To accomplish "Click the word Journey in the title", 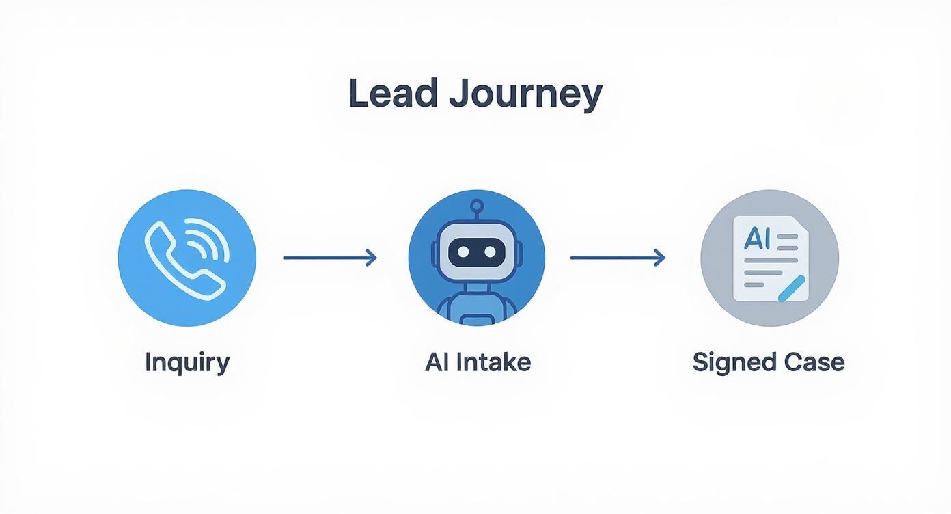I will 525,95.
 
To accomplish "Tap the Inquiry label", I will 187,362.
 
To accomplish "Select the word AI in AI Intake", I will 436,362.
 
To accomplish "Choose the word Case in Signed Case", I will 814,362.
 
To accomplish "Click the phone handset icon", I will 179,262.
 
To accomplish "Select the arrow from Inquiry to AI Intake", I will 329,258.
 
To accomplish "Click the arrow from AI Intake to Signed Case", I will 617,258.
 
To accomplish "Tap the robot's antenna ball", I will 477,204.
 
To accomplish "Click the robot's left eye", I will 463,252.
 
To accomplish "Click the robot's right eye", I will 490,252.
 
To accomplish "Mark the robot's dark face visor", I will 476,252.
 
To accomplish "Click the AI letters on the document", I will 756,238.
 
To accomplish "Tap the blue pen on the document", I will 792,290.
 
